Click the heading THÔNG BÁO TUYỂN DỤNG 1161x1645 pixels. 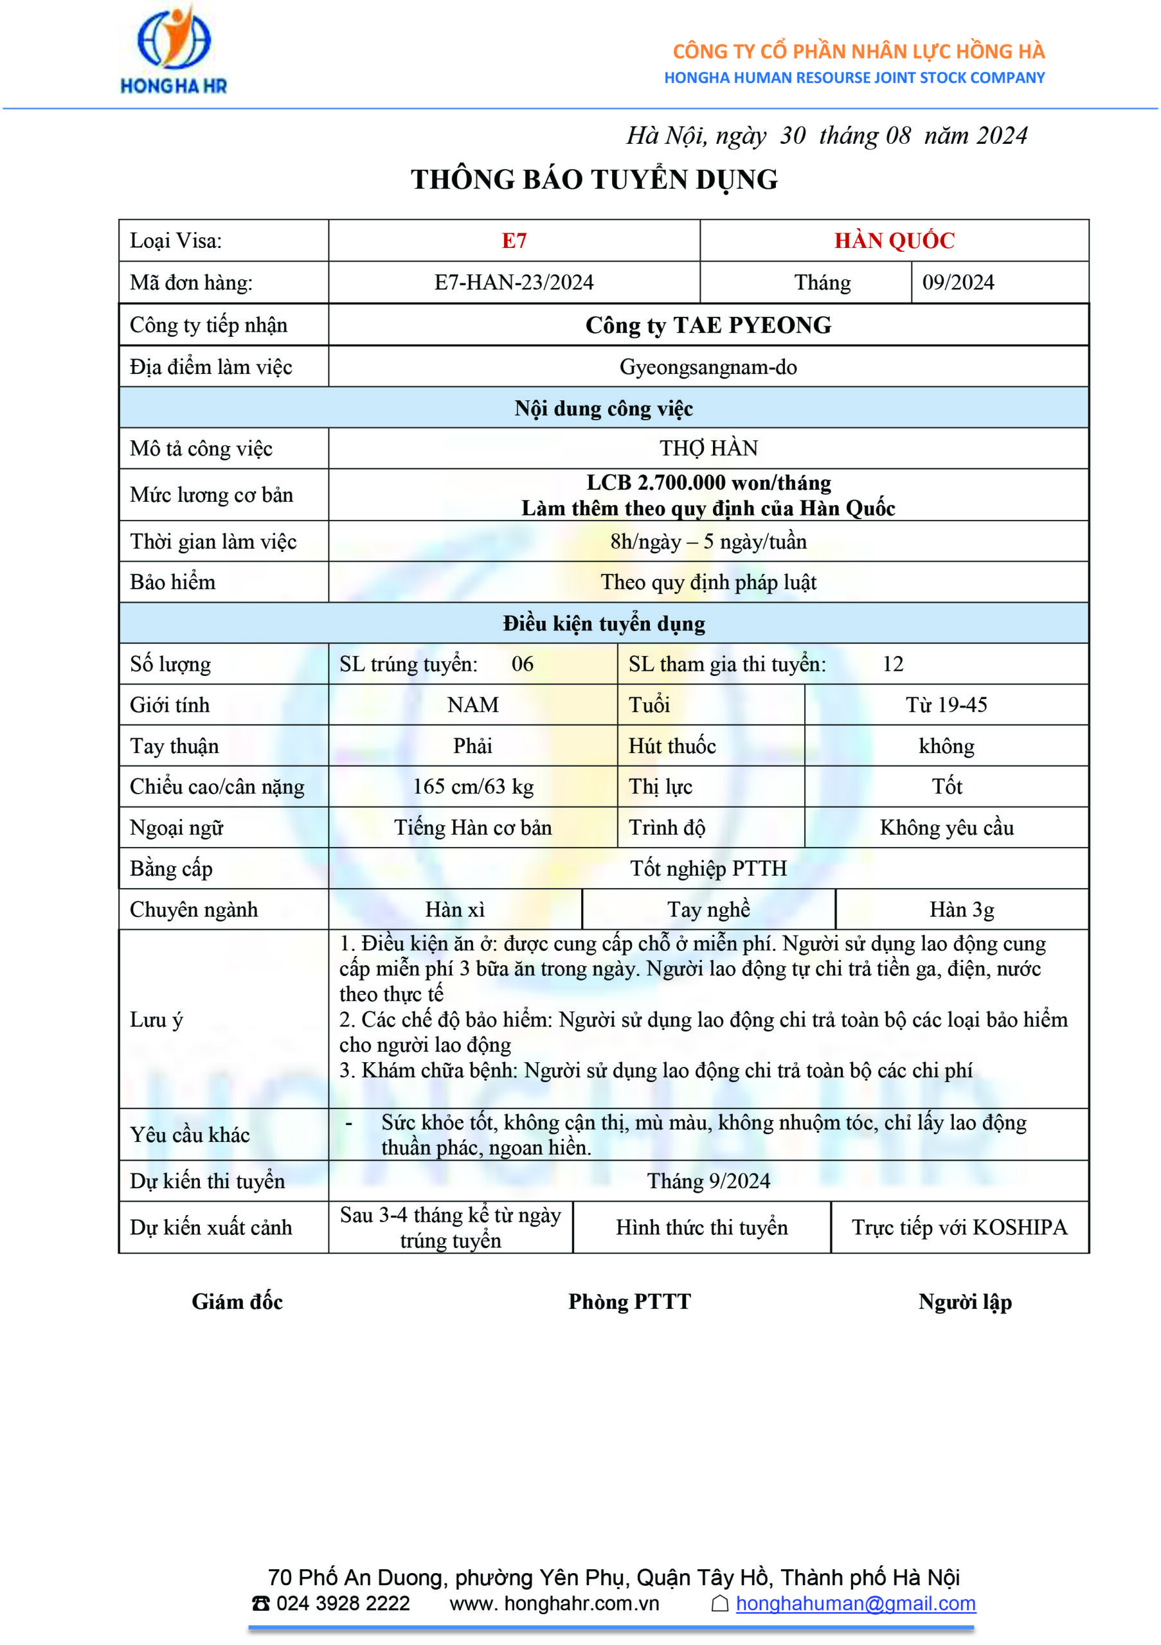tap(594, 179)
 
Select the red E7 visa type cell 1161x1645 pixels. tap(514, 241)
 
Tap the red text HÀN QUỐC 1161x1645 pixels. tap(894, 241)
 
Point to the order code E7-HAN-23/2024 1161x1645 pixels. tap(514, 282)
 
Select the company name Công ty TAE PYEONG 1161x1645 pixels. tap(708, 325)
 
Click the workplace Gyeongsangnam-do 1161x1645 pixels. tap(708, 367)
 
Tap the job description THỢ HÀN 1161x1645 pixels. tap(708, 449)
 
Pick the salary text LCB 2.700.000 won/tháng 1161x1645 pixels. tap(708, 483)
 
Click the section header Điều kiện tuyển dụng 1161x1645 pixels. tap(604, 623)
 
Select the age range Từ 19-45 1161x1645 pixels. tap(946, 705)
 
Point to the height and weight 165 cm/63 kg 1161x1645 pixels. tap(473, 787)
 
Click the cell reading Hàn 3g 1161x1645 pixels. tap(962, 910)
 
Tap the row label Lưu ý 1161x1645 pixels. tap(156, 1020)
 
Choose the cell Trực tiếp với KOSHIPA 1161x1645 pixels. tap(959, 1227)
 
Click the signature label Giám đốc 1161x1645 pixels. tap(237, 1302)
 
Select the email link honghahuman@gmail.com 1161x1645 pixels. tap(855, 1603)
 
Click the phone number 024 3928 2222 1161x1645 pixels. tap(343, 1603)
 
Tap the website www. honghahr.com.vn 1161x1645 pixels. tap(554, 1603)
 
